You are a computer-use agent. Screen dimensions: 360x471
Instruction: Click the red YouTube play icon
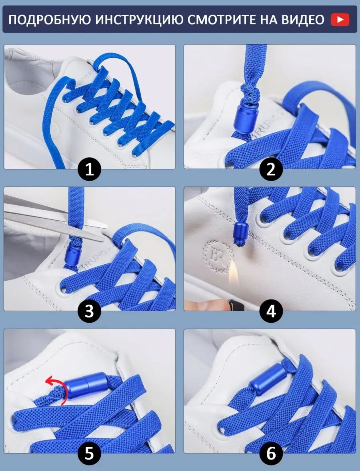(x=340, y=20)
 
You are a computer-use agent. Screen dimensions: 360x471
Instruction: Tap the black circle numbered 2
(x=271, y=169)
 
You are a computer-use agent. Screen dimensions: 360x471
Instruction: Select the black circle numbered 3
(x=89, y=311)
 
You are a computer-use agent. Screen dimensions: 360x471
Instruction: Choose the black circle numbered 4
(x=271, y=311)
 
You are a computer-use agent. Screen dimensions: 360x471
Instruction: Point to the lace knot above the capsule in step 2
(x=250, y=93)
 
